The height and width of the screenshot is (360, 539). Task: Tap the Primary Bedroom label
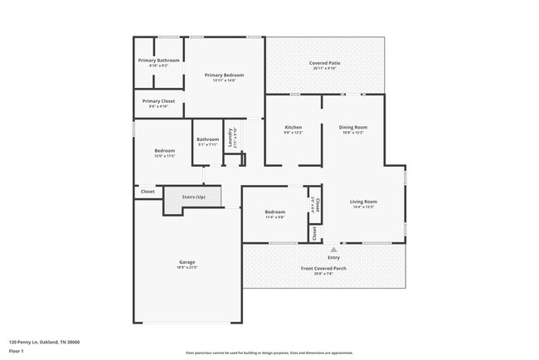(x=224, y=75)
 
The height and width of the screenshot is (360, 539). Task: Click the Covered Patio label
(x=324, y=63)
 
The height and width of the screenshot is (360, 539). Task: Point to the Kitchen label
(x=293, y=127)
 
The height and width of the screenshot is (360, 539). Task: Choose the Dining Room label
(x=353, y=127)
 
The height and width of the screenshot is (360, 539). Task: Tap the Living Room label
(x=364, y=202)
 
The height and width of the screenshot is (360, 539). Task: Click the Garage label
(x=187, y=262)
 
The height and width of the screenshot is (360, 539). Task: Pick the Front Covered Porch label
(x=323, y=268)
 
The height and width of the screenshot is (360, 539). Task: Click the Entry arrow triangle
(x=334, y=248)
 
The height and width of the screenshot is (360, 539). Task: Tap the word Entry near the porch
(x=334, y=256)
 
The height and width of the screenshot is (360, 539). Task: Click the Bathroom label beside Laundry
(x=207, y=139)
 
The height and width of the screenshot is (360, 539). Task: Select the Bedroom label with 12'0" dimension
(x=164, y=150)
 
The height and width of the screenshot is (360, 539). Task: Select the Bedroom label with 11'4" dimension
(x=274, y=212)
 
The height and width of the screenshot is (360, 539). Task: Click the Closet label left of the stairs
(x=148, y=192)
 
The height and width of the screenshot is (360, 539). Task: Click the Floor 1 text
(x=17, y=351)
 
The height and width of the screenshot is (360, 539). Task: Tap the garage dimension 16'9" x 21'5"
(x=187, y=267)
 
